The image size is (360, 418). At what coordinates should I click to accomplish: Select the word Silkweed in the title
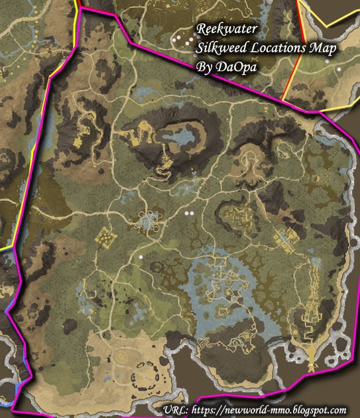[220, 48]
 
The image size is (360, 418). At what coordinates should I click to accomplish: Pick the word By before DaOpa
[204, 66]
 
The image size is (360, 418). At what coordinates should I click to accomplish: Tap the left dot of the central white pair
[186, 214]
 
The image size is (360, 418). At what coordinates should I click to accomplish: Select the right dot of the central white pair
[193, 214]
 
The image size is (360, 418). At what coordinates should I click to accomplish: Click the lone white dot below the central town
[141, 256]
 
